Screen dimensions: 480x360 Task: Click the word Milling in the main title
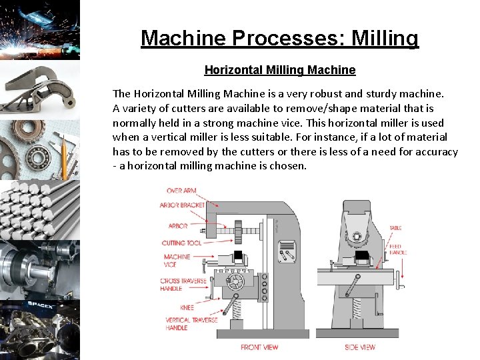385,38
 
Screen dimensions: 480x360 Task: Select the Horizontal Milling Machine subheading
280,70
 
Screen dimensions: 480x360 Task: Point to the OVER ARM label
181,191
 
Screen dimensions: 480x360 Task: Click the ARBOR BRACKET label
182,205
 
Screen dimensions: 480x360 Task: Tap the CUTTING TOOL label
181,243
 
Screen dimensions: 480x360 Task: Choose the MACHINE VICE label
177,261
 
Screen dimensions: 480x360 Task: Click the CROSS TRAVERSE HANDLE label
183,285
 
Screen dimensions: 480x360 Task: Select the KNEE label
187,307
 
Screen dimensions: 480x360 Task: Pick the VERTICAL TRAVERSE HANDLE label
191,324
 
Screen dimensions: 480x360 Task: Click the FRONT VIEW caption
259,347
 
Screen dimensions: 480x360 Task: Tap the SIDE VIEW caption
360,347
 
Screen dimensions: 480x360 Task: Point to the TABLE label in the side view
395,228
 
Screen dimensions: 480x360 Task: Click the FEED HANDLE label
398,249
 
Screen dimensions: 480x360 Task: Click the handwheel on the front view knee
235,282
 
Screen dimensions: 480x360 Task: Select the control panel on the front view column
287,251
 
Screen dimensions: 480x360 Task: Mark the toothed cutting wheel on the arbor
238,232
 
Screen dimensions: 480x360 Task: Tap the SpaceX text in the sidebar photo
40,305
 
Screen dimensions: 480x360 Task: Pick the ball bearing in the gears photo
38,157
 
